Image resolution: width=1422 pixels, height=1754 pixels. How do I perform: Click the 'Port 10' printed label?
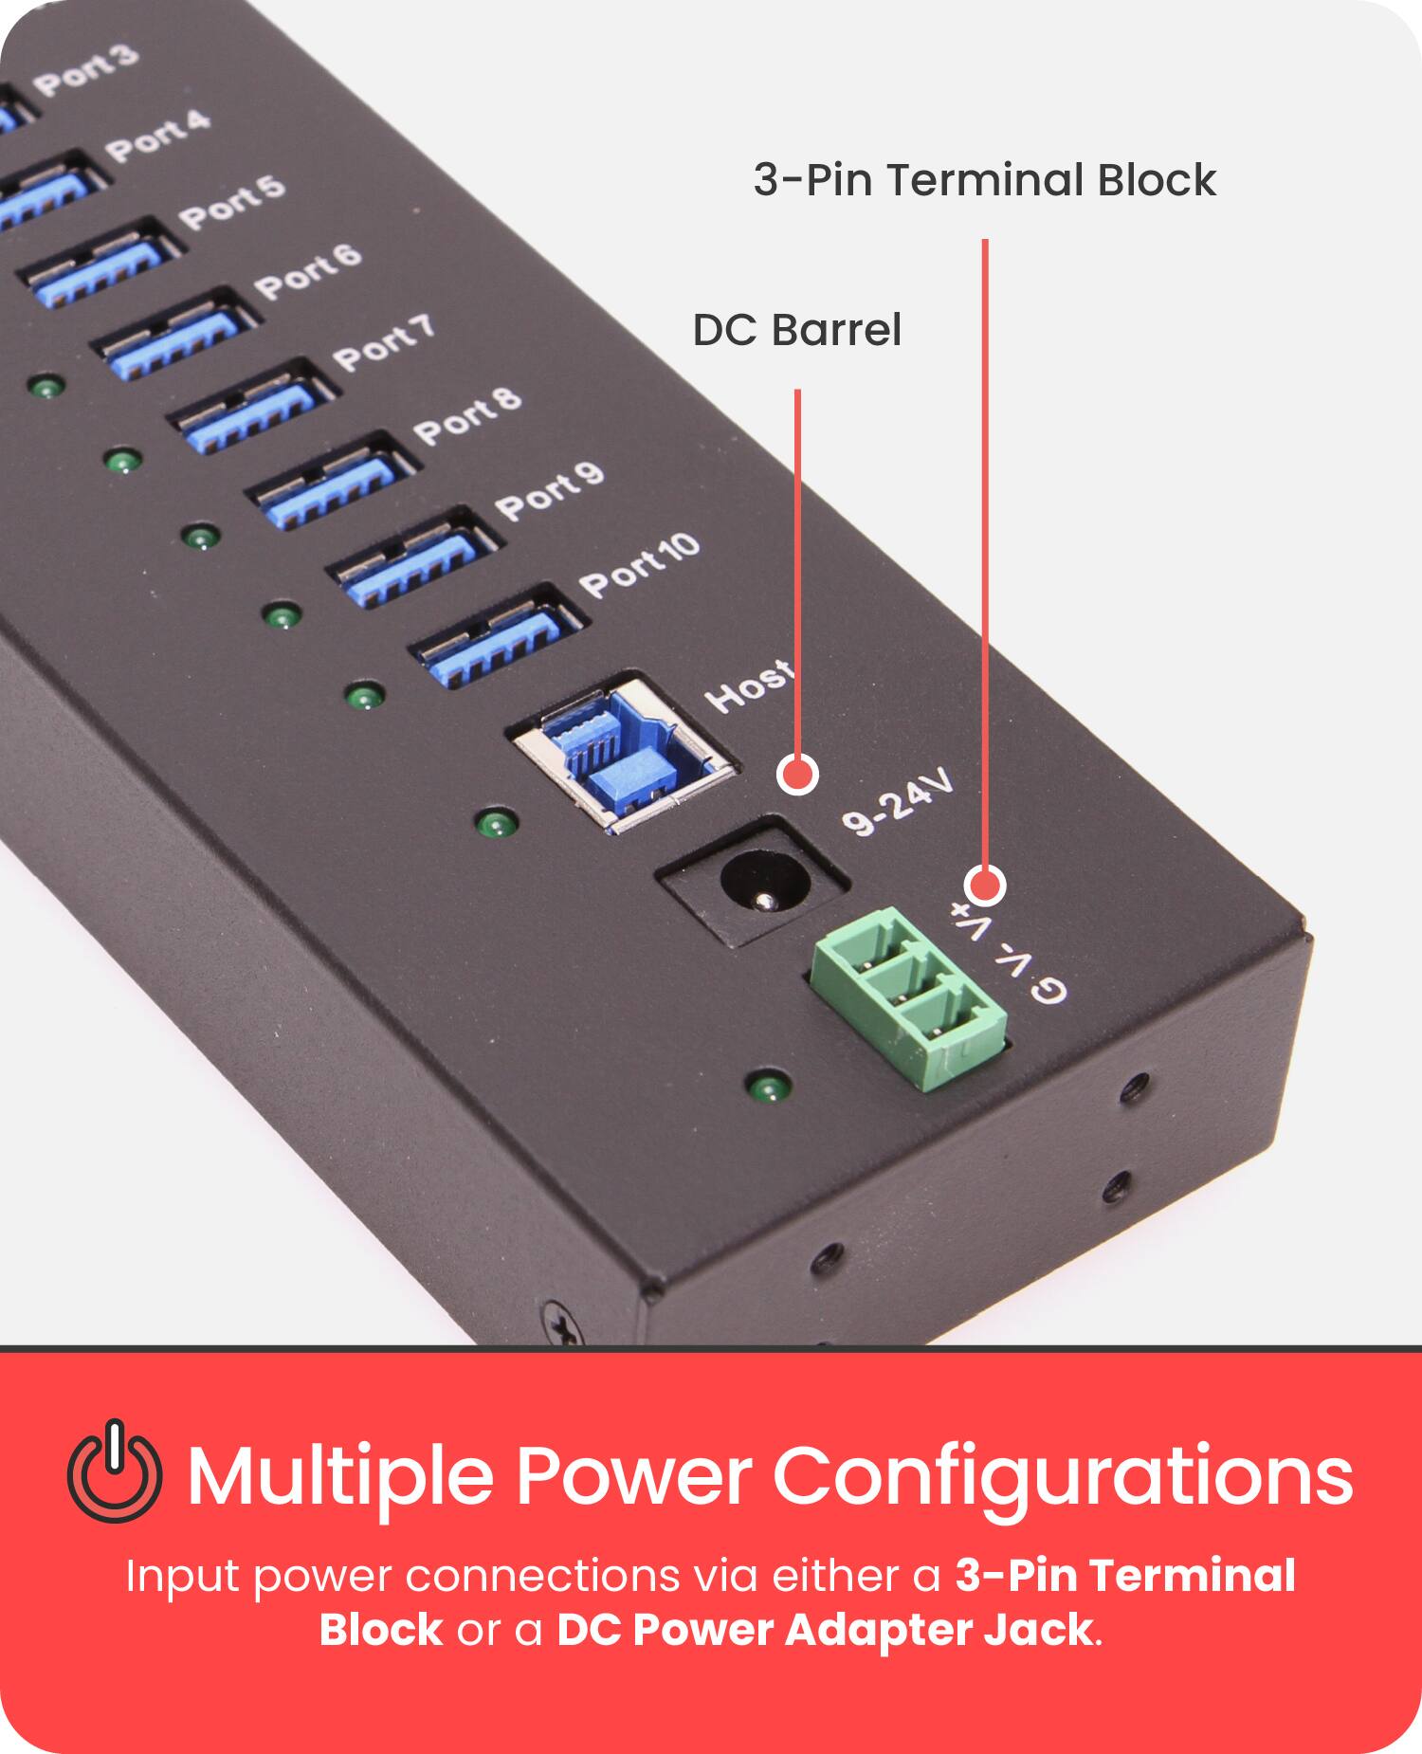pos(640,566)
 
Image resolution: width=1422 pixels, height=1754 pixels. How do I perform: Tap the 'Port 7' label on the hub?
pos(384,343)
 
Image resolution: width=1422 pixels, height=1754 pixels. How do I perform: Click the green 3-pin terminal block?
pos(908,1000)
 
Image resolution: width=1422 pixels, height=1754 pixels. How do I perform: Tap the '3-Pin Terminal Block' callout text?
pos(984,180)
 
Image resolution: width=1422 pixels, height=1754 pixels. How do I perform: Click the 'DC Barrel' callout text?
pos(796,330)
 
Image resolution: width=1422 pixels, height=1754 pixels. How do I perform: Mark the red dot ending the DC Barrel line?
pos(797,775)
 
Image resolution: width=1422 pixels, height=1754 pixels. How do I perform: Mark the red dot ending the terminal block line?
pos(985,886)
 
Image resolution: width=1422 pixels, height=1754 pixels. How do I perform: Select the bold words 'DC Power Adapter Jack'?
pos(824,1631)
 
